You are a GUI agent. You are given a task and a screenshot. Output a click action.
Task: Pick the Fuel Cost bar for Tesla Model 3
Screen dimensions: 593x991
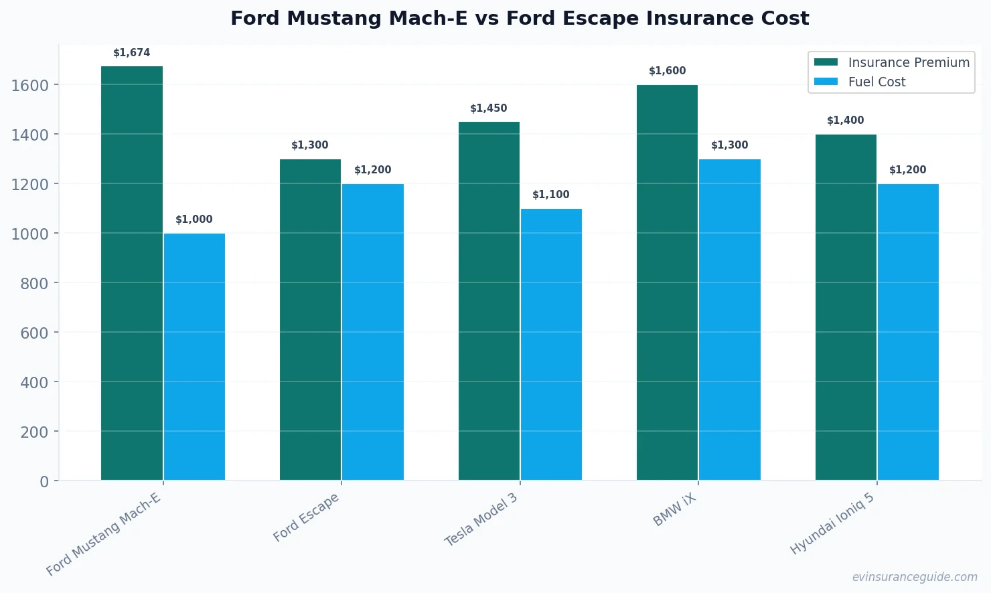tap(551, 344)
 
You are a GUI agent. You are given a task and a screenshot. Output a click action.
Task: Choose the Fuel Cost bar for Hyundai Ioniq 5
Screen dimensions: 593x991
tap(908, 332)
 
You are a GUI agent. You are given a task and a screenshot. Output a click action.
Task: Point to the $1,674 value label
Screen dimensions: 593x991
tap(132, 53)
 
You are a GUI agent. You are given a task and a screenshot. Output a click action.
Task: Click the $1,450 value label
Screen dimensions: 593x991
tap(489, 108)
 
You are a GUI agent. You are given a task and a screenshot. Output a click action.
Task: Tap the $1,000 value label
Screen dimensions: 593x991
tap(194, 220)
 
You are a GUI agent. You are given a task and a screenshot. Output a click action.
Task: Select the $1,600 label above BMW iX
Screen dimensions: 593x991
tap(668, 71)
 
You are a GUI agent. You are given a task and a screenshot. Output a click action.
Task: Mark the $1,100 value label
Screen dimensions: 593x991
tap(551, 195)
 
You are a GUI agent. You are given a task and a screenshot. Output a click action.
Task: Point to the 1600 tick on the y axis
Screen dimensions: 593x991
tap(30, 85)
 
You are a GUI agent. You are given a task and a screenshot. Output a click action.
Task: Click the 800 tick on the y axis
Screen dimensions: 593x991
tap(34, 283)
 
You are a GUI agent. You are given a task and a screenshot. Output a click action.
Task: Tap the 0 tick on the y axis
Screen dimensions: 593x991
tap(44, 481)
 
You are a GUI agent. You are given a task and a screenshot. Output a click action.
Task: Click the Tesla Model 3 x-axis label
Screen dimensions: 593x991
tap(481, 519)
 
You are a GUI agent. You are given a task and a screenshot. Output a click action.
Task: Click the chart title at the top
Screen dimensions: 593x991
tap(520, 18)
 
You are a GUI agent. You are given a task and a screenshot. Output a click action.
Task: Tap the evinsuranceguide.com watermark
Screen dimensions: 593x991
tap(915, 577)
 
